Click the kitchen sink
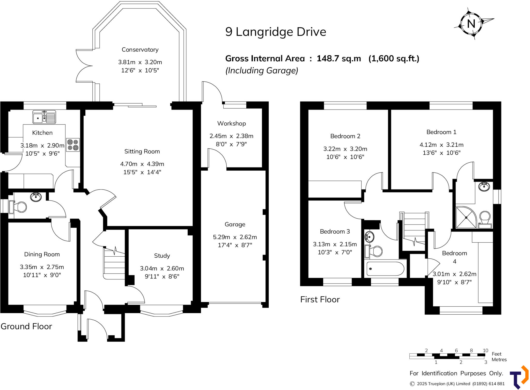[x=44, y=117]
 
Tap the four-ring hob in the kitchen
[x=73, y=145]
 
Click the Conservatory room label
[x=140, y=49]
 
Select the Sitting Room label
[x=142, y=151]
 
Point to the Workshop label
[x=232, y=124]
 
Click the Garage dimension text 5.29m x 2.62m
[x=235, y=237]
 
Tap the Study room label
[x=162, y=256]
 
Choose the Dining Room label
[x=42, y=254]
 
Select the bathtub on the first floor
[x=385, y=269]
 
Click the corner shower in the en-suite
[x=466, y=217]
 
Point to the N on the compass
[x=471, y=24]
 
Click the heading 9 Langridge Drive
[x=276, y=32]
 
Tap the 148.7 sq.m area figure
[x=339, y=59]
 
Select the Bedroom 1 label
[x=441, y=132]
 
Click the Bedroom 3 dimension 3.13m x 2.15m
[x=335, y=244]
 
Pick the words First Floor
[x=320, y=299]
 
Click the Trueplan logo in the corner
[x=519, y=377]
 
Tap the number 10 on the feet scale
[x=485, y=350]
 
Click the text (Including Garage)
[x=262, y=70]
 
